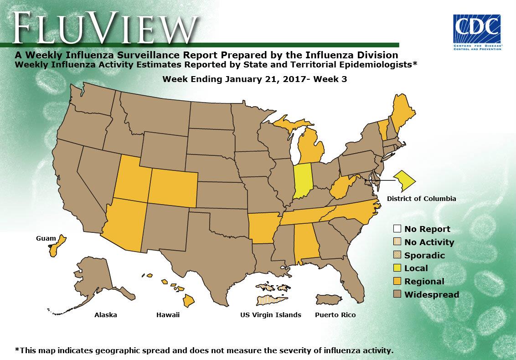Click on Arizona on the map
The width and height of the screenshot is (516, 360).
(124, 221)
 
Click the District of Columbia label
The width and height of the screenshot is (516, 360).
(421, 199)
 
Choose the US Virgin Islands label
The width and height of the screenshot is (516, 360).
(271, 315)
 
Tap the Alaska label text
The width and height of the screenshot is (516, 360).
(105, 315)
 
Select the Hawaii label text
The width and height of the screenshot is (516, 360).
(168, 315)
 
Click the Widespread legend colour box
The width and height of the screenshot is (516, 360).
(397, 294)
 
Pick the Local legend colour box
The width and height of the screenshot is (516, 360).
(397, 268)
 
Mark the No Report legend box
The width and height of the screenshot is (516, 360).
(397, 229)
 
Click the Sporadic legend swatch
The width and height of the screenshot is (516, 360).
(397, 255)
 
